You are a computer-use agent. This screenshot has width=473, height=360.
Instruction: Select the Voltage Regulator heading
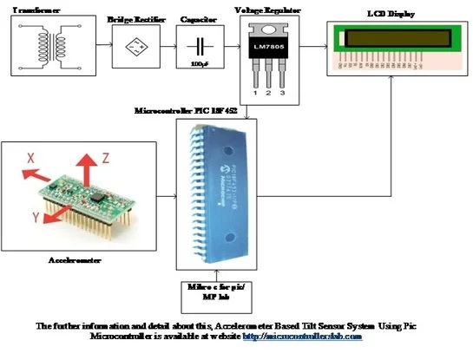click(268, 10)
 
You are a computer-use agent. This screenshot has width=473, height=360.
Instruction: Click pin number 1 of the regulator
click(254, 91)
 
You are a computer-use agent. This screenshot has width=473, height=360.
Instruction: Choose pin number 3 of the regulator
click(283, 91)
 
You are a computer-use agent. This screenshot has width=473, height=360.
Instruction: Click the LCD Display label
click(391, 16)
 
